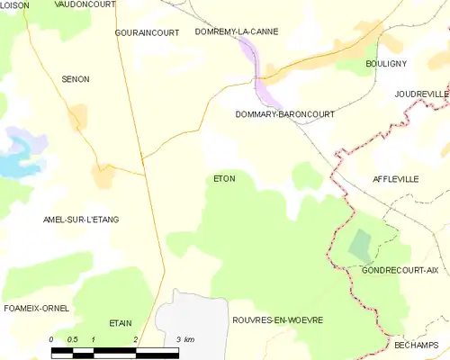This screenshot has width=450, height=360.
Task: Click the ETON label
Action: [x=224, y=178]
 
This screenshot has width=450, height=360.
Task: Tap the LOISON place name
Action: [x=15, y=5]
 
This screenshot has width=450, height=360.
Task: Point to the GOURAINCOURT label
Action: [x=146, y=32]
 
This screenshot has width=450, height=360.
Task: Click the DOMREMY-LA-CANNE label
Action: [x=237, y=31]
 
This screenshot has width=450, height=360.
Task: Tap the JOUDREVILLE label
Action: [x=421, y=94]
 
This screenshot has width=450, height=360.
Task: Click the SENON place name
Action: [x=76, y=79]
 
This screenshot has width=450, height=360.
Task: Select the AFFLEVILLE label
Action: [x=396, y=179]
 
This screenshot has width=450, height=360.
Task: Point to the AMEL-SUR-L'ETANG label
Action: [x=81, y=220]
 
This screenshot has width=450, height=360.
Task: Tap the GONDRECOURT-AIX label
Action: [x=400, y=270]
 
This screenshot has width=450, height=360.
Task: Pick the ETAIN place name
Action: [x=121, y=321]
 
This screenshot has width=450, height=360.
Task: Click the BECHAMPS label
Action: [x=416, y=346]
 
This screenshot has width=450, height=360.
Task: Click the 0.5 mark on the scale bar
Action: [x=72, y=339]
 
